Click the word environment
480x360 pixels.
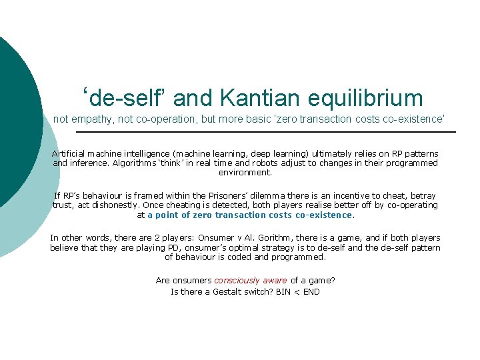(x=245, y=172)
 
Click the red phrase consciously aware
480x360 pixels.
(x=251, y=281)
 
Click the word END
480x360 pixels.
(x=311, y=291)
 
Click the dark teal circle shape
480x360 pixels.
(x=13, y=120)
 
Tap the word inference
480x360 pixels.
(x=89, y=163)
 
